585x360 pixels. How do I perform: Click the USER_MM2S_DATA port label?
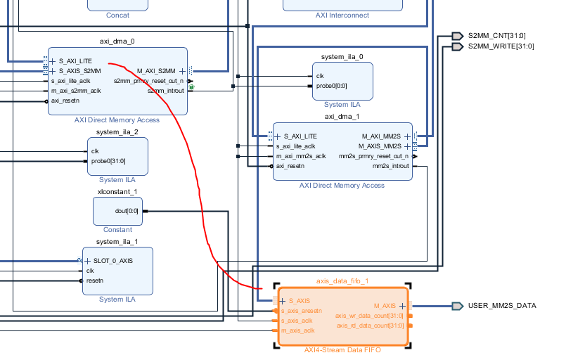(x=501, y=306)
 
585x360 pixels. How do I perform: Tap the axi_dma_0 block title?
(x=117, y=41)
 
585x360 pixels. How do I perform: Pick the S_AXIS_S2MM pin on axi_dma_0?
(x=79, y=71)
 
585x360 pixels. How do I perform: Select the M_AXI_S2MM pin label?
(x=156, y=71)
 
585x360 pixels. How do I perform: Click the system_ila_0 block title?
(x=342, y=56)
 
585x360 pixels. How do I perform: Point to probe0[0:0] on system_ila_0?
(x=331, y=86)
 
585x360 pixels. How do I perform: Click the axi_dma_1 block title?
(x=342, y=117)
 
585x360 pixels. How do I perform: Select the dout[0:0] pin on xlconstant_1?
(x=127, y=210)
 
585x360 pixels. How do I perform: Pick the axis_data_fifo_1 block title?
(x=342, y=281)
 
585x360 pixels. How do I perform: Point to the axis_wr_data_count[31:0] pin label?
(x=369, y=316)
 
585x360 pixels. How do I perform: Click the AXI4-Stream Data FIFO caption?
(x=342, y=350)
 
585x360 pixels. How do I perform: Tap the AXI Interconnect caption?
(x=342, y=15)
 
